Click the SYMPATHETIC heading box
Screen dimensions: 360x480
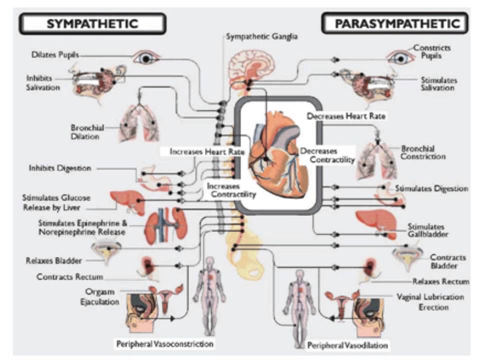pos(92,23)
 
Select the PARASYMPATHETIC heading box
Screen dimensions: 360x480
pos(394,23)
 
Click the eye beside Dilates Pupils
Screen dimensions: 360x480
pos(145,58)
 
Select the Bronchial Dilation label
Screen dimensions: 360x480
pos(87,132)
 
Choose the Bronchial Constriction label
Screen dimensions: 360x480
pos(423,152)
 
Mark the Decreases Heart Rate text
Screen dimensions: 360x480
pos(346,116)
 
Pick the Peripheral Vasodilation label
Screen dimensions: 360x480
pos(347,345)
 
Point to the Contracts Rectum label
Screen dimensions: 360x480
pos(69,276)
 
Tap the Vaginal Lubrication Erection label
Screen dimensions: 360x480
pos(429,301)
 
